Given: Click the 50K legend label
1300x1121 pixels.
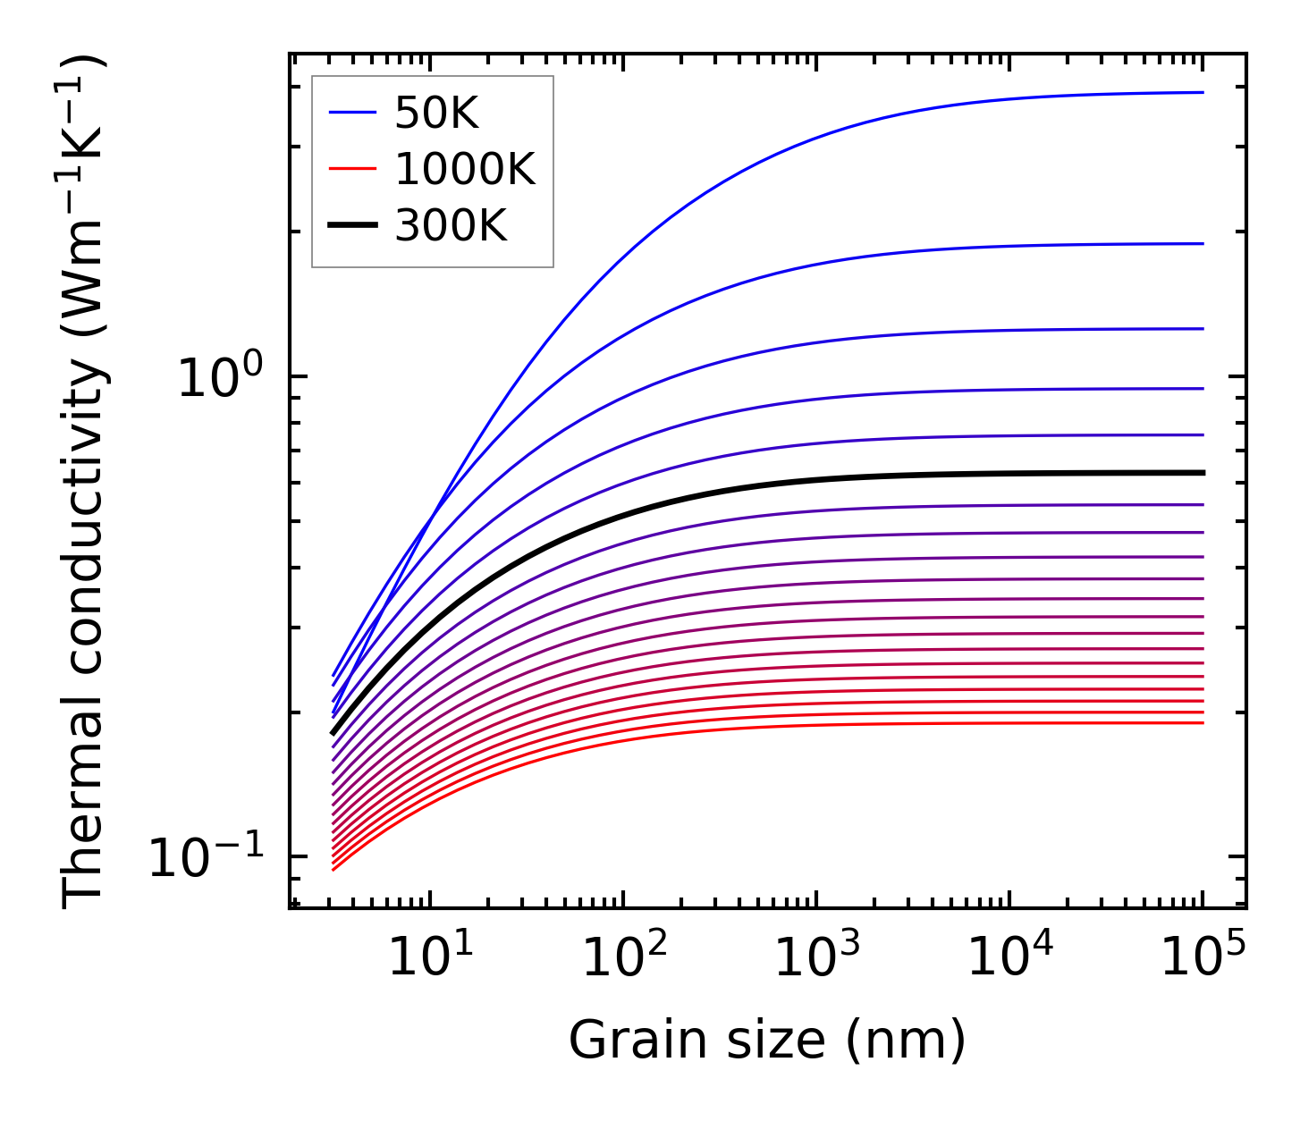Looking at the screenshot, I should [436, 114].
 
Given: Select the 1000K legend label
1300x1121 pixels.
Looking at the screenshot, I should [465, 170].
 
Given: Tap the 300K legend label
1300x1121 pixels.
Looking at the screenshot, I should [451, 227].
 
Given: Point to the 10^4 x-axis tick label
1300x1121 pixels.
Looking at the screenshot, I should [1010, 959].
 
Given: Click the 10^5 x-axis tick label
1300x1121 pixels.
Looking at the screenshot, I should [1203, 959].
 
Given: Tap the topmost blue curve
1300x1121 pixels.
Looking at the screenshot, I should [805, 139].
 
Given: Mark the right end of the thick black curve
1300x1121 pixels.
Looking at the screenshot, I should [1203, 472].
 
